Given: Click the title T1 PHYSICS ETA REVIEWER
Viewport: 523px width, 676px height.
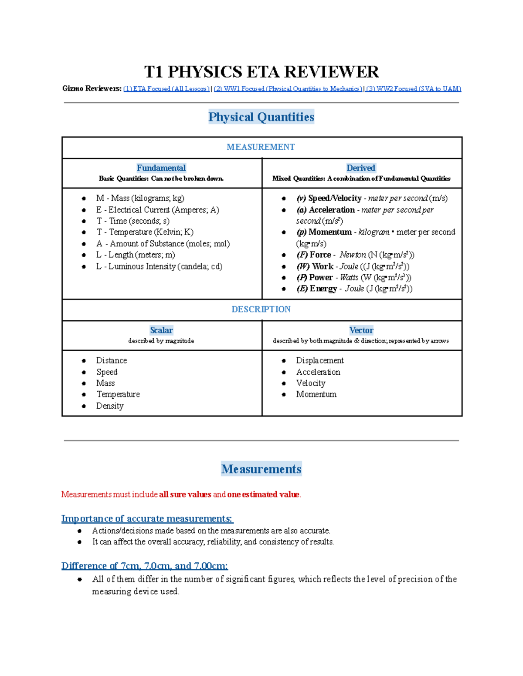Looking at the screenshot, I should (261, 72).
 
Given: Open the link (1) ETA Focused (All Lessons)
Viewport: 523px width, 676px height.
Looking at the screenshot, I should (166, 89).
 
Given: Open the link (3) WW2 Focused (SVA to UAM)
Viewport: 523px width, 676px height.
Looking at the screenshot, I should (413, 89).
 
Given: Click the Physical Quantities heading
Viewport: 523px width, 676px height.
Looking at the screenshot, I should (261, 117).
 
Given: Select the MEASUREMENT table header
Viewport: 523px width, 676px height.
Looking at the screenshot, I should (261, 147).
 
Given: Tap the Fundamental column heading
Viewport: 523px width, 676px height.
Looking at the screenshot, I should (161, 168).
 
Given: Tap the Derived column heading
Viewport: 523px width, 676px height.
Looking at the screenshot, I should (361, 168).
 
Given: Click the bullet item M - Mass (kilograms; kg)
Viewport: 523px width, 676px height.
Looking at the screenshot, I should (140, 198).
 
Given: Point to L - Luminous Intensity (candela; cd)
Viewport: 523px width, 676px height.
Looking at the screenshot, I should (159, 266).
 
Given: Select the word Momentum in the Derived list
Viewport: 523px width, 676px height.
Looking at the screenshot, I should (330, 232).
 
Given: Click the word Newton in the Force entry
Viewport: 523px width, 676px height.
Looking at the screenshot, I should (353, 255).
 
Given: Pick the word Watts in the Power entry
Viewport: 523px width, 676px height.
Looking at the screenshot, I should (349, 278).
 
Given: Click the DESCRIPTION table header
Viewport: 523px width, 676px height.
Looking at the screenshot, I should (261, 309).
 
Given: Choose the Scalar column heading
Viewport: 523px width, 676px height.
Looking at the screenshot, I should (161, 330).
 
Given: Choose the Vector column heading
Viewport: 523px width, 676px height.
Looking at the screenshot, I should (361, 330).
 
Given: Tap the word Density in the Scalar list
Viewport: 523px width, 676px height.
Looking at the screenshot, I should (110, 406).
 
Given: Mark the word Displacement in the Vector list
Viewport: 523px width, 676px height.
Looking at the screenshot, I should (320, 360).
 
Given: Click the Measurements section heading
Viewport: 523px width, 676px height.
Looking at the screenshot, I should (261, 469).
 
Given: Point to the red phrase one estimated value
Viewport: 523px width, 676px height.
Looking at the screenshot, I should (263, 494).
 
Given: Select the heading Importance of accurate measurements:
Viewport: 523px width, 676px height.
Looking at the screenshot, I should (147, 518).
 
